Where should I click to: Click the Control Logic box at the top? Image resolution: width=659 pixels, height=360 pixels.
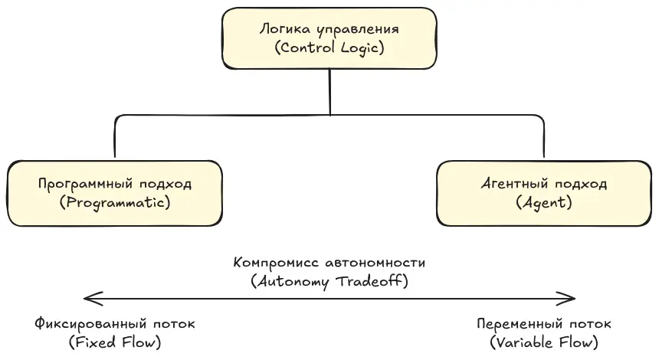(x=329, y=38)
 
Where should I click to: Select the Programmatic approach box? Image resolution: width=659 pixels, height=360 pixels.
(x=115, y=193)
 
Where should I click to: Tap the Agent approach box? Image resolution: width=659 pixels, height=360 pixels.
(x=544, y=193)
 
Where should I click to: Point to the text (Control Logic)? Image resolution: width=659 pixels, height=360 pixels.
(x=329, y=47)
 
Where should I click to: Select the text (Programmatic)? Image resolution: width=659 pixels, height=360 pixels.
(x=115, y=203)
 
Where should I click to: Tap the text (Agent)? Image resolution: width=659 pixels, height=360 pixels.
(x=544, y=203)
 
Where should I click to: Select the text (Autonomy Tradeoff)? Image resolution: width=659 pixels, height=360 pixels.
(x=329, y=281)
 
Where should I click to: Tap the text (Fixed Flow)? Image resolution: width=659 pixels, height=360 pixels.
(x=115, y=342)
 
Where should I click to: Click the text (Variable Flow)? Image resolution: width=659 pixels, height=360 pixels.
(x=544, y=342)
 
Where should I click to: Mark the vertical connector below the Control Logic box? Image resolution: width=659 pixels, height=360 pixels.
(x=329, y=92)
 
